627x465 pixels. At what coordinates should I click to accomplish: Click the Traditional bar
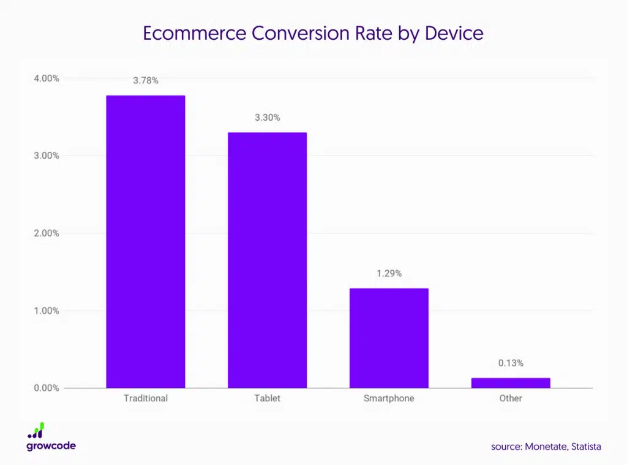pyautogui.click(x=146, y=241)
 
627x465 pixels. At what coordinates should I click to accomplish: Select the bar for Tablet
pyautogui.click(x=267, y=260)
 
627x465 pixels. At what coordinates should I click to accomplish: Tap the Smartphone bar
pyautogui.click(x=389, y=338)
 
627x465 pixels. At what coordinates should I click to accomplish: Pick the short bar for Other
pyautogui.click(x=511, y=383)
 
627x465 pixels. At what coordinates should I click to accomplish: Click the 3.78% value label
pyautogui.click(x=146, y=80)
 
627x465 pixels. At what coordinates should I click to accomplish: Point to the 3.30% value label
pyautogui.click(x=268, y=118)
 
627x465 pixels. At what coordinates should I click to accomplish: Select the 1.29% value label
pyautogui.click(x=389, y=273)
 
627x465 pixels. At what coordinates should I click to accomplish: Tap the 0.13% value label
pyautogui.click(x=511, y=363)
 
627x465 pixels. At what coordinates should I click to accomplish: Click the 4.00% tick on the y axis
pyautogui.click(x=47, y=78)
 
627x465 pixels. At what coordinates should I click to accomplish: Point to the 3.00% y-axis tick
pyautogui.click(x=47, y=156)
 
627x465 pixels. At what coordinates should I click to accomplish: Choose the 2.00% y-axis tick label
pyautogui.click(x=47, y=233)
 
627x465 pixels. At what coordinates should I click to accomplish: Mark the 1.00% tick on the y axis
pyautogui.click(x=47, y=311)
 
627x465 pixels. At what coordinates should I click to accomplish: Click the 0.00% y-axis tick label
pyautogui.click(x=47, y=388)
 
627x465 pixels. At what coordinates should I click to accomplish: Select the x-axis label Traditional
pyautogui.click(x=146, y=398)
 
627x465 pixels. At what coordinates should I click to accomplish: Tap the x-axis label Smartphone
pyautogui.click(x=389, y=398)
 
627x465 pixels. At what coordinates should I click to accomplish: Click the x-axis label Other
pyautogui.click(x=511, y=398)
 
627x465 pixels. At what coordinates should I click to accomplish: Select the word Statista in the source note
pyautogui.click(x=586, y=447)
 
